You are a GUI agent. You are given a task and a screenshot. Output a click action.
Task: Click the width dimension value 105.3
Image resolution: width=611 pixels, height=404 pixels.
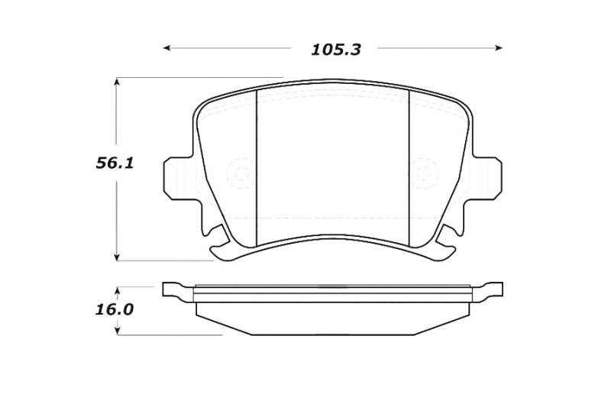(335, 50)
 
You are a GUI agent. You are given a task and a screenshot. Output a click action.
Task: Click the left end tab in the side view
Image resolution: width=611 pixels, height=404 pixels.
(173, 289)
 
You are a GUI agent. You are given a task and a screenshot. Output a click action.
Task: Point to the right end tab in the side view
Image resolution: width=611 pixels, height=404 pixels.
(492, 289)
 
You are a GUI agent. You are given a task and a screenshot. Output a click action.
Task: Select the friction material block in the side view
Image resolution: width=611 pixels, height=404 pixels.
(332, 317)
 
